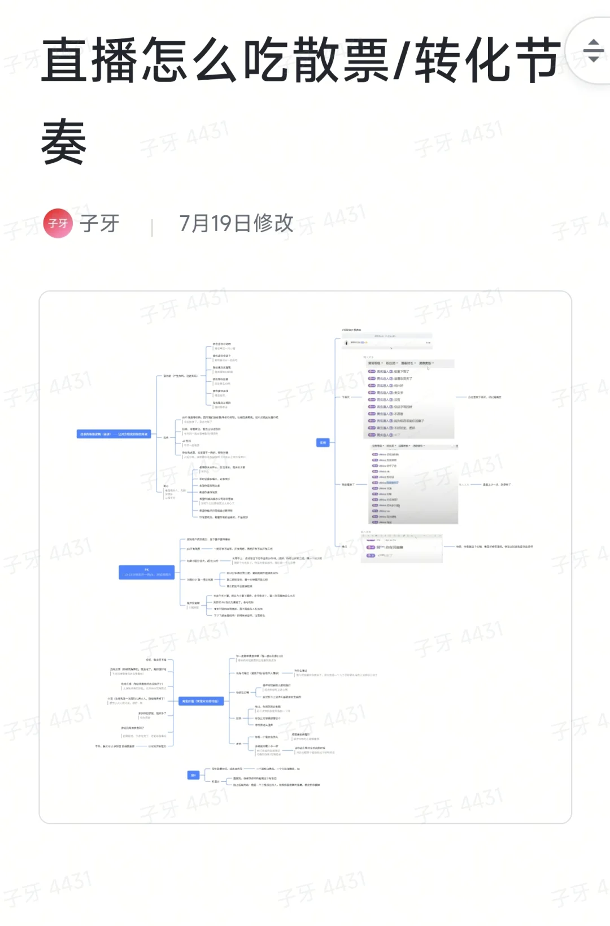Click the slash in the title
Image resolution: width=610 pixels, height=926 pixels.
403,60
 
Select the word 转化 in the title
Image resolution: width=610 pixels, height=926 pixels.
464,60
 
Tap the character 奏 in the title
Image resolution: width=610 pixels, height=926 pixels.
64,141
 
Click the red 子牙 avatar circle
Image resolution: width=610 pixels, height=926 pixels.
58,223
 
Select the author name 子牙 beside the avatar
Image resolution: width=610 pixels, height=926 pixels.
99,223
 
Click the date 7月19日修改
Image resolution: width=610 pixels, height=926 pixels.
236,223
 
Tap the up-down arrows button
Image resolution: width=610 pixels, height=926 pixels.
593,51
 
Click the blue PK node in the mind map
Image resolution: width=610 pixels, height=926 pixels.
146,572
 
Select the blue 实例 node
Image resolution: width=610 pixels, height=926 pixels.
323,442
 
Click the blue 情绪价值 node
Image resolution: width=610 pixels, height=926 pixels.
202,701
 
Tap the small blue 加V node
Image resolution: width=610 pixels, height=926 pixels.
193,775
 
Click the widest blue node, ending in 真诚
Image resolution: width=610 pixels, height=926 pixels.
114,434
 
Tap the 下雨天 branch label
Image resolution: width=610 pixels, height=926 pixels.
346,397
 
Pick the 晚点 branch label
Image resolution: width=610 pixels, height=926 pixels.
345,546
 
